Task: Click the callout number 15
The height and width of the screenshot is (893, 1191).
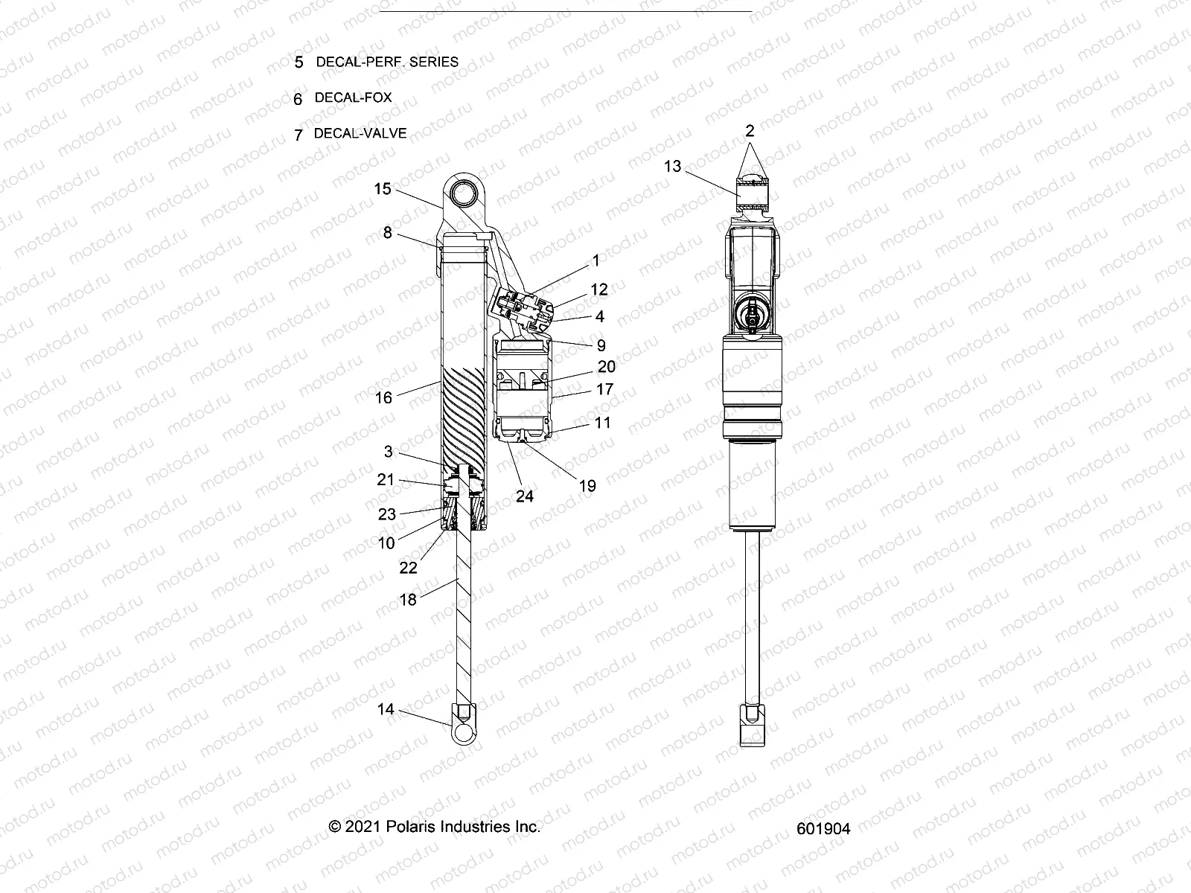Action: coord(382,189)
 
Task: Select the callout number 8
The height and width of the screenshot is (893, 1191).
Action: coord(387,233)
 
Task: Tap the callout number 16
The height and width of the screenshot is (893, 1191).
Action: coord(383,397)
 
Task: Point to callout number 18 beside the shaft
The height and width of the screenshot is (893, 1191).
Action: coord(407,598)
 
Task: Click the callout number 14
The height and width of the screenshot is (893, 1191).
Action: coord(385,709)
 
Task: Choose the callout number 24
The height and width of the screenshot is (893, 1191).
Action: coord(525,496)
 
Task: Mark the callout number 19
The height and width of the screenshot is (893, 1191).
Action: coord(587,486)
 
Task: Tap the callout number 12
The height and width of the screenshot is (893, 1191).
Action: coord(599,289)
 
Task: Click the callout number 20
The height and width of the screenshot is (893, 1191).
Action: coord(607,366)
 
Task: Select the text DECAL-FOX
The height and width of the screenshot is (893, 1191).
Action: coord(353,97)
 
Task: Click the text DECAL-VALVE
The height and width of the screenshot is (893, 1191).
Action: coord(360,134)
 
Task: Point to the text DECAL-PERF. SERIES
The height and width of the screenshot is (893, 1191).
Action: coord(387,62)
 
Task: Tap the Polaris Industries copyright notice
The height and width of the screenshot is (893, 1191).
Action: coord(435,826)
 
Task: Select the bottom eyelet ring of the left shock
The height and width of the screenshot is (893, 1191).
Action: coord(464,733)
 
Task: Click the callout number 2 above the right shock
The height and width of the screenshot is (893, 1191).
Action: coord(750,131)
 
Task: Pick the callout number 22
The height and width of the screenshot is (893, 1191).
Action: coord(409,567)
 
